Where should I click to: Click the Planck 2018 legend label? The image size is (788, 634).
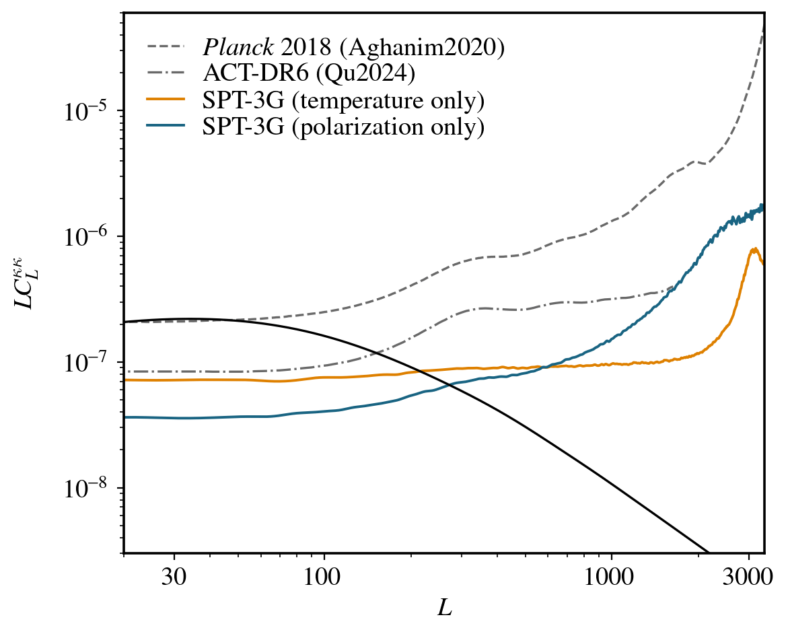pyautogui.click(x=353, y=48)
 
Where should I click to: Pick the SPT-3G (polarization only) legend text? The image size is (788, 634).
pyautogui.click(x=344, y=127)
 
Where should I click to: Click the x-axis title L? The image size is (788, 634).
pyautogui.click(x=444, y=609)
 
